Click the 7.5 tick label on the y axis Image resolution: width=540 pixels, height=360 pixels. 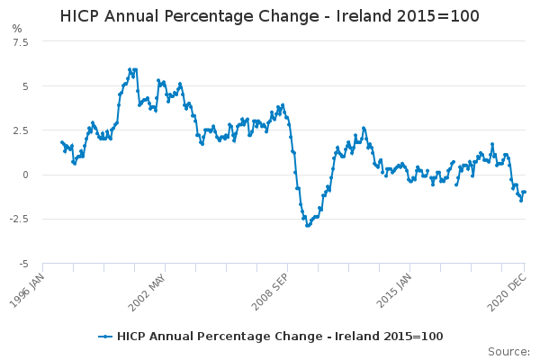pos(21,42)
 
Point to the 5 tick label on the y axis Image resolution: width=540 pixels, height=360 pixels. pos(25,86)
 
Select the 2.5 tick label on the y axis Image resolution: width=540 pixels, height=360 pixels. pos(21,130)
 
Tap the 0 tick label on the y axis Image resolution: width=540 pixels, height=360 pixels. pos(25,175)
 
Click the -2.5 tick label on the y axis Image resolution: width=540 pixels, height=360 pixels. pos(19,219)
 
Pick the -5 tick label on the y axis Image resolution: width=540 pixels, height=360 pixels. pos(23,264)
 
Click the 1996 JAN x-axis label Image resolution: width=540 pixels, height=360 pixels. pos(27,291)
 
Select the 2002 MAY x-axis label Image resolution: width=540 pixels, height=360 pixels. pos(147,292)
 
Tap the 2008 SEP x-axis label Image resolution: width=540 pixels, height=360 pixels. pos(270,292)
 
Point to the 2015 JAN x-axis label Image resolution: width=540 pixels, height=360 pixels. pos(393,291)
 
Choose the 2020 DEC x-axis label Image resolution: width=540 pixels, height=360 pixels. pos(507,292)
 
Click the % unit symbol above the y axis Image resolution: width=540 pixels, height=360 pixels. pos(17,28)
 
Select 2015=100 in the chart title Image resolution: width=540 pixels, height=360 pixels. pos(437,16)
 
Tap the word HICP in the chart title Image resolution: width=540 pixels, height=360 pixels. pos(80,16)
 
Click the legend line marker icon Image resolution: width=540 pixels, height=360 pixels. pos(105,337)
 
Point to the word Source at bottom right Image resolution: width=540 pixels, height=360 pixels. pos(508,351)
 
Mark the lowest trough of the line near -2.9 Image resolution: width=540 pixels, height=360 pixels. pos(308,226)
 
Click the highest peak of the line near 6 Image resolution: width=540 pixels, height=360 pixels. pos(130,69)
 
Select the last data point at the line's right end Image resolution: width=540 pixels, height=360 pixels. pos(525,192)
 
